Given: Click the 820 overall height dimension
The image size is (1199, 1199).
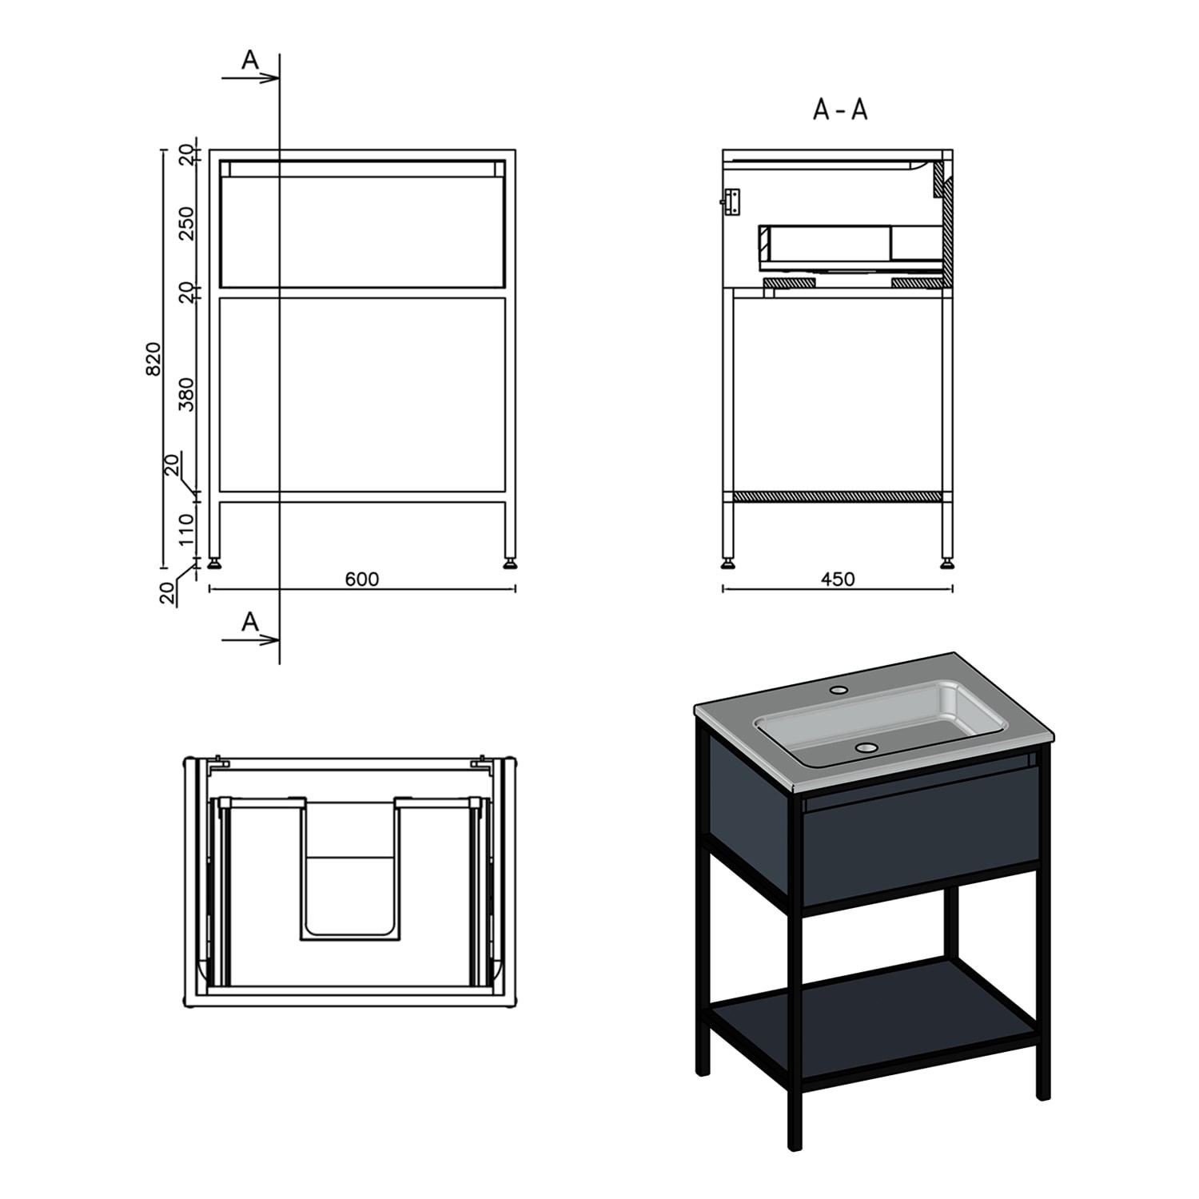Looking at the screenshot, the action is click(x=154, y=358).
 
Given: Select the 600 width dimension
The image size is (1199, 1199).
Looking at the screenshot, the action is click(x=361, y=579).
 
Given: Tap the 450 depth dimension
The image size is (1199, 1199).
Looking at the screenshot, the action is click(x=838, y=579).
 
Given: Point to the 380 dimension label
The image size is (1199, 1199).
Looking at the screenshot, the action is click(x=186, y=394).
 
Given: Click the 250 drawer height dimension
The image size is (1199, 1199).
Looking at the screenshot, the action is click(x=186, y=223).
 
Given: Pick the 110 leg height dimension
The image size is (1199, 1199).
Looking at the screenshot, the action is click(x=186, y=529).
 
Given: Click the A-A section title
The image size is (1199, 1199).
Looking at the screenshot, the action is click(x=840, y=110).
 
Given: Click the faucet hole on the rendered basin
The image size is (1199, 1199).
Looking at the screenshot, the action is click(x=839, y=688).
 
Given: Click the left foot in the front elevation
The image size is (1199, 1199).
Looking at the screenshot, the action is click(x=215, y=564).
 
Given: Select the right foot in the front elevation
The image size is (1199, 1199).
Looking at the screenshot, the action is click(x=509, y=564).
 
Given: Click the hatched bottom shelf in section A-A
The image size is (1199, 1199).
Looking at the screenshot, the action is click(x=837, y=496).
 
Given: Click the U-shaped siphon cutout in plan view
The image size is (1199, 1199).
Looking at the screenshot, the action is click(x=350, y=869).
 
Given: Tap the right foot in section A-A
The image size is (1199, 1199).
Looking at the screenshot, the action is click(x=947, y=564).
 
